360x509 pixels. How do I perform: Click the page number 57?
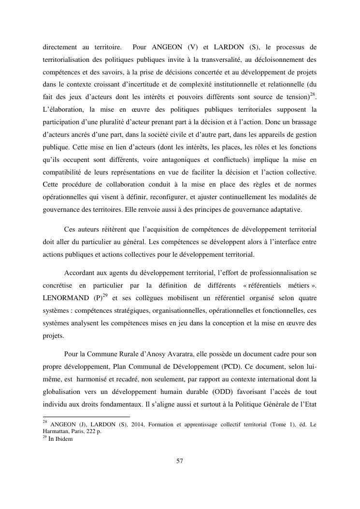point(180,461)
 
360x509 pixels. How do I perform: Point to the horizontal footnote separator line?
point(86,416)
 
